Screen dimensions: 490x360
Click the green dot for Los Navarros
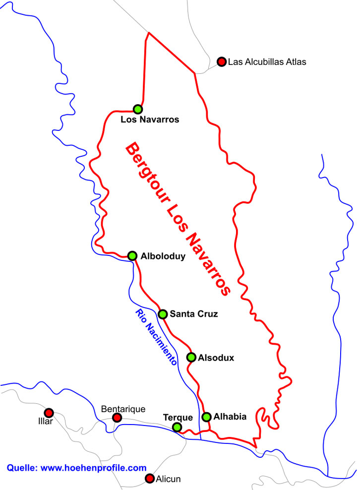[138, 109]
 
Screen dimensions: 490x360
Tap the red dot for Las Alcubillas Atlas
[221, 62]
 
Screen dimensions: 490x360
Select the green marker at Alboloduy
[132, 256]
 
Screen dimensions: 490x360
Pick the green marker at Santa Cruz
[162, 314]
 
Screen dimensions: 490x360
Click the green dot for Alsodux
[191, 357]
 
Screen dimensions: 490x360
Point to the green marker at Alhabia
[207, 417]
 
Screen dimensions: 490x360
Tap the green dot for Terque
[177, 427]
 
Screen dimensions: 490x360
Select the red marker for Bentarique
[117, 418]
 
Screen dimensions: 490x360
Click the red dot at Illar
[49, 413]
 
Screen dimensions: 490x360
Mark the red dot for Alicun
[149, 479]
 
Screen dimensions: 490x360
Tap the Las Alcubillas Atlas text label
[267, 62]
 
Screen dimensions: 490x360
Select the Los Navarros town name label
[150, 120]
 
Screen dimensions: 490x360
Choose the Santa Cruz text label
[193, 314]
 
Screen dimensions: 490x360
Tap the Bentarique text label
[123, 409]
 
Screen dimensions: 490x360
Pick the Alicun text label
[169, 479]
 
